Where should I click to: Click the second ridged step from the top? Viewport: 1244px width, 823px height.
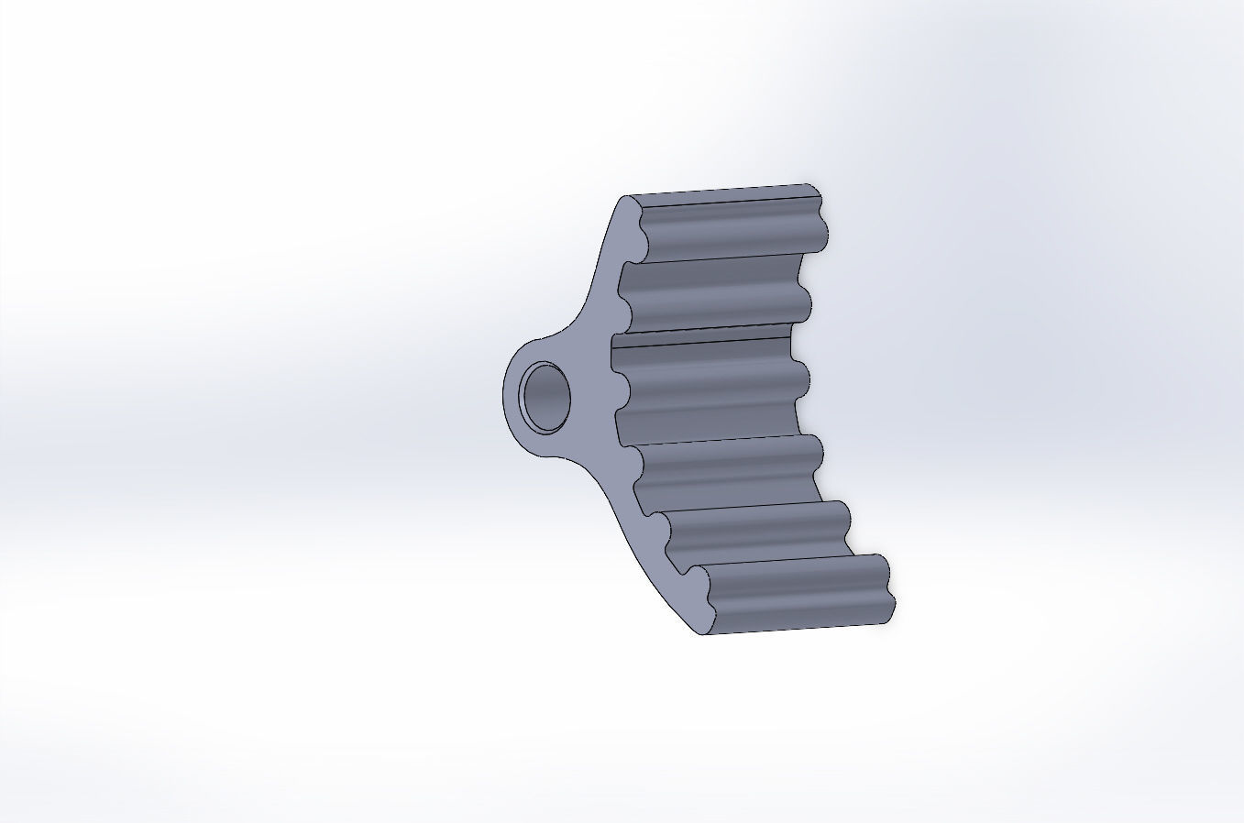coord(710,293)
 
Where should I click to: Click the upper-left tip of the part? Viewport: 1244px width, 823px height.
coord(627,199)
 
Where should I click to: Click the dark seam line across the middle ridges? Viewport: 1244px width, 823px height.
coord(701,335)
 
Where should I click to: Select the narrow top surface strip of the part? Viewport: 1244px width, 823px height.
coord(724,193)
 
